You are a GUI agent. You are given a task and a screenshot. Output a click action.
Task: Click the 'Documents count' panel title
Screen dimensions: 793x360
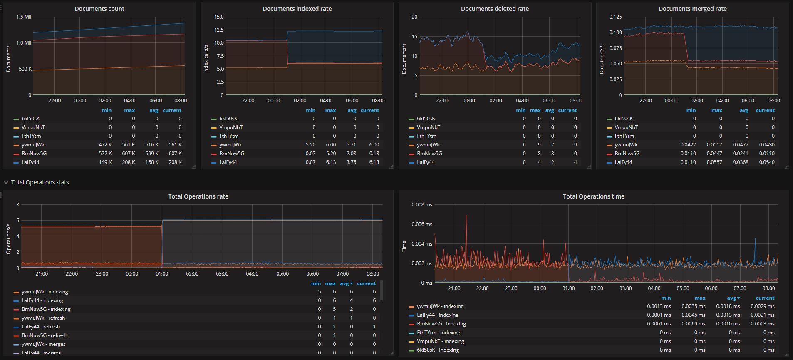point(99,9)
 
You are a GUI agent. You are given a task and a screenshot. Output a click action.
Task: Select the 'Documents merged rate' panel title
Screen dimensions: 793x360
point(692,9)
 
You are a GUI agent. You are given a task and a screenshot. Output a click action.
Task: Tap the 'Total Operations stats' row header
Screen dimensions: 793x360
point(40,182)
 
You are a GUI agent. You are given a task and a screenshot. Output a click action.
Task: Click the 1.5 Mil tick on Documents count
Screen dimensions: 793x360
point(24,17)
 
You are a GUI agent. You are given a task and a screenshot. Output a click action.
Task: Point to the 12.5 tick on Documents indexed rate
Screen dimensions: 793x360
point(219,30)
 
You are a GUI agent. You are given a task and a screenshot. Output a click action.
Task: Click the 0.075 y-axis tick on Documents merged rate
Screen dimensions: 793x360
point(615,48)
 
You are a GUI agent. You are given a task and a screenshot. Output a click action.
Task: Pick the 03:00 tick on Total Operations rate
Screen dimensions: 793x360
point(222,274)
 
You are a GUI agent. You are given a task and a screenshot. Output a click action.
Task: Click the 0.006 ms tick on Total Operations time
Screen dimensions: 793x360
point(422,224)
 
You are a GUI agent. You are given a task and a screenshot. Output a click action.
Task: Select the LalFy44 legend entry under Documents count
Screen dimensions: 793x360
point(30,162)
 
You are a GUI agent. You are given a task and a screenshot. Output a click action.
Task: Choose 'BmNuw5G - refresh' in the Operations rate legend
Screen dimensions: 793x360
point(45,335)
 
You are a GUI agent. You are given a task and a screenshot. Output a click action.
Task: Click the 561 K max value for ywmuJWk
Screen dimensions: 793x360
point(129,145)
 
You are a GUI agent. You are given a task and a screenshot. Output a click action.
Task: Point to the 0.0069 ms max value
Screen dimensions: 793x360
point(693,324)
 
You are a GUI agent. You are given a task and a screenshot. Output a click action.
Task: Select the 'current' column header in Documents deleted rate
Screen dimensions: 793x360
point(567,110)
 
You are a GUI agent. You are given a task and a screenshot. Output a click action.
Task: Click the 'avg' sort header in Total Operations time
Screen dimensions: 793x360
point(733,298)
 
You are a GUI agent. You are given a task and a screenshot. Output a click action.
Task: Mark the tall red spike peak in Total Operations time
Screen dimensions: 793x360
point(466,215)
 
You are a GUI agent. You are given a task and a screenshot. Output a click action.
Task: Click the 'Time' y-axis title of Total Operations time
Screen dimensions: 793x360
point(404,246)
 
